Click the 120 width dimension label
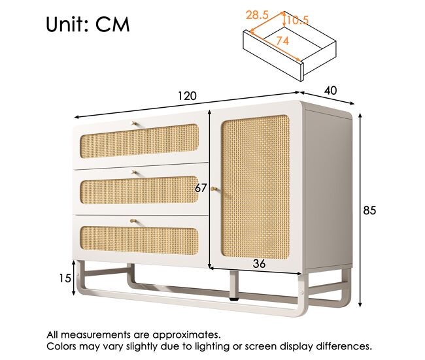point(187,96)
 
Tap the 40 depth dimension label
point(331,91)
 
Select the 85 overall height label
point(369,210)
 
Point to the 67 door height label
point(201,188)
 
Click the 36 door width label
point(259,263)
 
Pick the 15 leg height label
point(65,278)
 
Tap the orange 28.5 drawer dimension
point(257,15)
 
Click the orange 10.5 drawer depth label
point(298,20)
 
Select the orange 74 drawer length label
point(282,41)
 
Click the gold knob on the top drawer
point(134,123)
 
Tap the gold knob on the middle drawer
point(133,172)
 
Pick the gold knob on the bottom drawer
point(133,221)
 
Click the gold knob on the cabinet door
point(214,189)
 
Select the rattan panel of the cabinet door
point(255,187)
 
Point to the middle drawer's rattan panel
point(139,190)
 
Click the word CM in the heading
point(112,25)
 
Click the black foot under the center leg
point(234,300)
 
